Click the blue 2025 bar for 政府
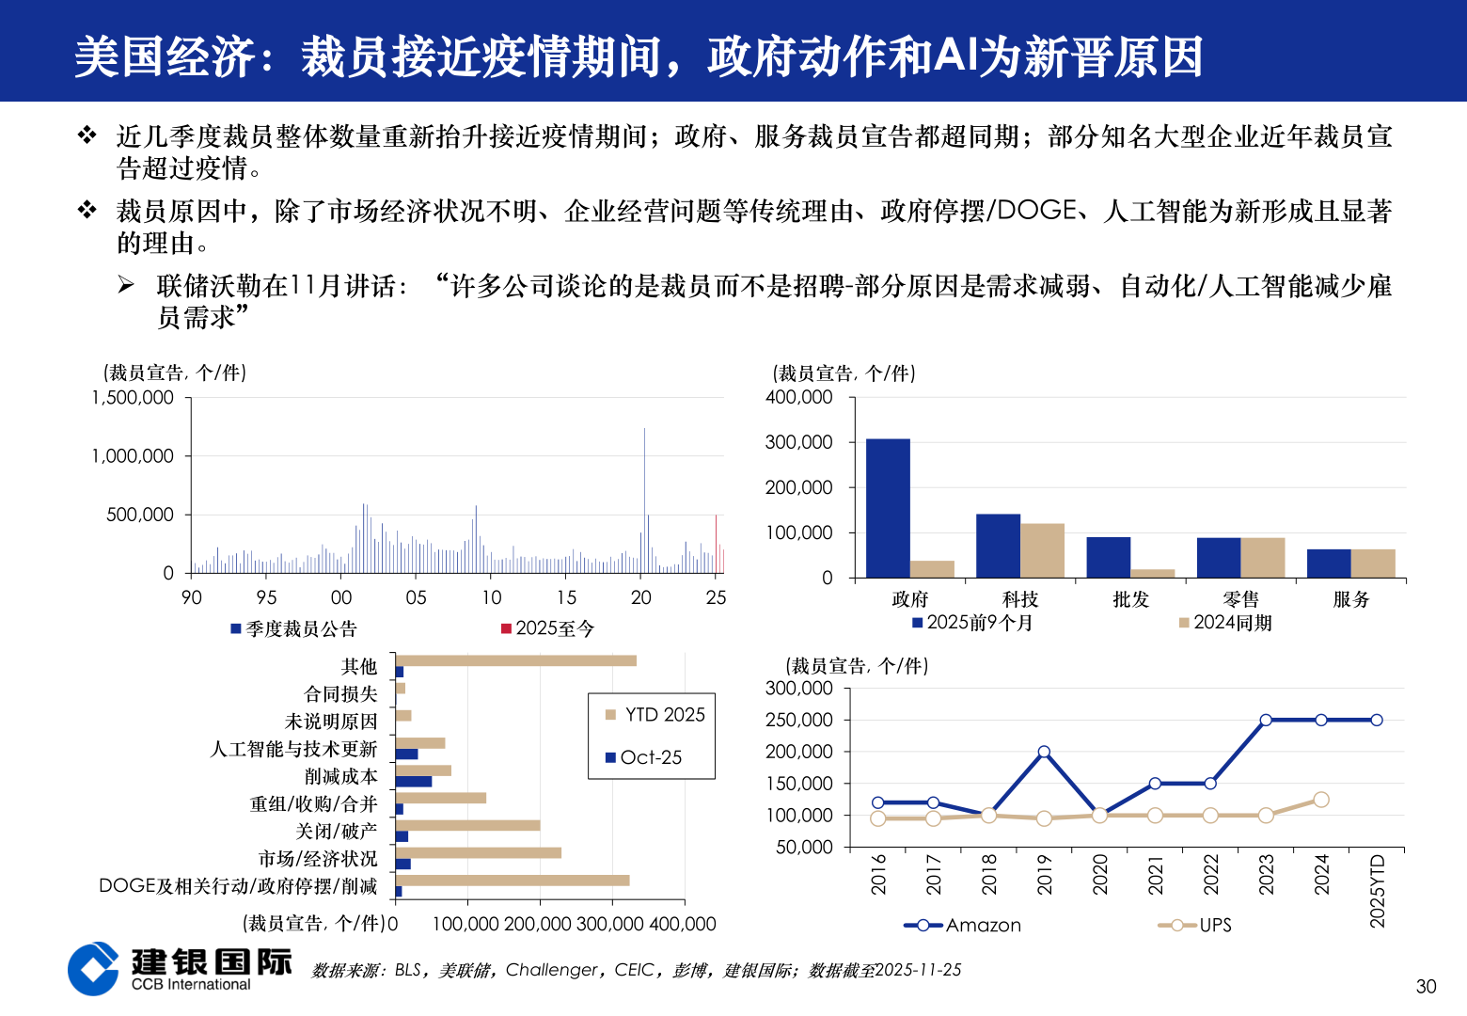[888, 508]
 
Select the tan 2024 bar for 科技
[1042, 550]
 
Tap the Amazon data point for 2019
[1044, 752]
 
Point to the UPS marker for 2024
[1320, 800]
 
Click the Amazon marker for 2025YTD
[1376, 720]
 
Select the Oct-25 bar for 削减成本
[414, 782]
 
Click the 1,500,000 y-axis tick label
[133, 398]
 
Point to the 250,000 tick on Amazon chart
[799, 721]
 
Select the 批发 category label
[1130, 599]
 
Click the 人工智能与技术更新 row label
[293, 749]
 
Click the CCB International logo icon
[93, 968]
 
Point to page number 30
[1426, 987]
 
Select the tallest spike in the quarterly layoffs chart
[644, 470]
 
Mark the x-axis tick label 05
[416, 597]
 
